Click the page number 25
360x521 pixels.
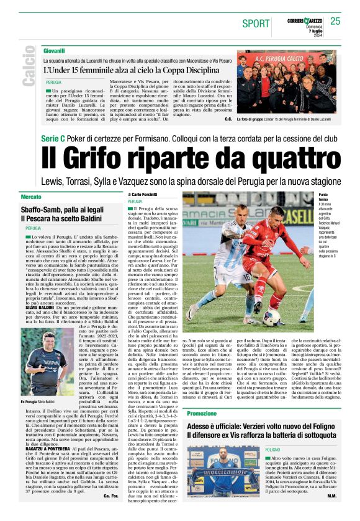336,21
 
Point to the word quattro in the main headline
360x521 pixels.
285,161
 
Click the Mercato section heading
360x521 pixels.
31,197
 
